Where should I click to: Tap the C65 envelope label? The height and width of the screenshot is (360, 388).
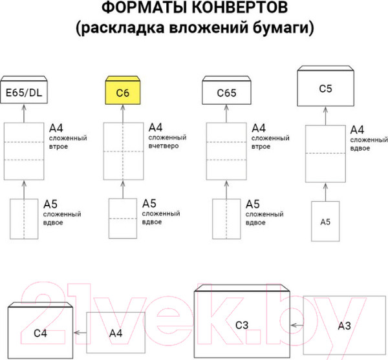(226, 94)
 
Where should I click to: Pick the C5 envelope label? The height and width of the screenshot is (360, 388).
(326, 87)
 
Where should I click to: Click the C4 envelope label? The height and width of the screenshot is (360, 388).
(40, 334)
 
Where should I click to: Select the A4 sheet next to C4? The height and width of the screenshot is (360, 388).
(115, 334)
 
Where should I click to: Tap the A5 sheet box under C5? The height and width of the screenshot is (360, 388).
(326, 222)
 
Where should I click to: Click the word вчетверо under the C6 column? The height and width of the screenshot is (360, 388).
(164, 146)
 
